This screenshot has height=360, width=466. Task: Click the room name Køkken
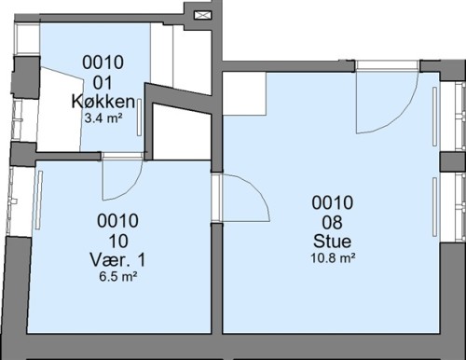point(103,102)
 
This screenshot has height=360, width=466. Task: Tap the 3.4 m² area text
point(103,118)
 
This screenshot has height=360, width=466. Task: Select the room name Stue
point(333,242)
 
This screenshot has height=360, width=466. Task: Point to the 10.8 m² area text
point(333,258)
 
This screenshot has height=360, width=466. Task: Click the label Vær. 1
point(117,260)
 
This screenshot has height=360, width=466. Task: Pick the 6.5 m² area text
point(118,276)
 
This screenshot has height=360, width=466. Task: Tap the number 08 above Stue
point(333,223)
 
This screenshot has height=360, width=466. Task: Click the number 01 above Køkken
point(103,83)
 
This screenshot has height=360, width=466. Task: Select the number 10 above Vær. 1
point(118,241)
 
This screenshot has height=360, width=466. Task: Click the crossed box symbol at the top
point(203,15)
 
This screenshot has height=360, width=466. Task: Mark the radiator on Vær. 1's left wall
point(39,200)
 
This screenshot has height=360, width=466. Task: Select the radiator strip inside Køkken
point(139,118)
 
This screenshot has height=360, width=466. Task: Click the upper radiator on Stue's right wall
point(435,117)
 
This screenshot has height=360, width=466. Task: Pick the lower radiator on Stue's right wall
point(435,207)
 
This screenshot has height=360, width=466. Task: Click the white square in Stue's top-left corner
point(245,94)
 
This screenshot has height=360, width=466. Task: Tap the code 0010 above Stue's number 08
point(333,202)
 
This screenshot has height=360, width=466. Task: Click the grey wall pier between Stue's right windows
point(453,161)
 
